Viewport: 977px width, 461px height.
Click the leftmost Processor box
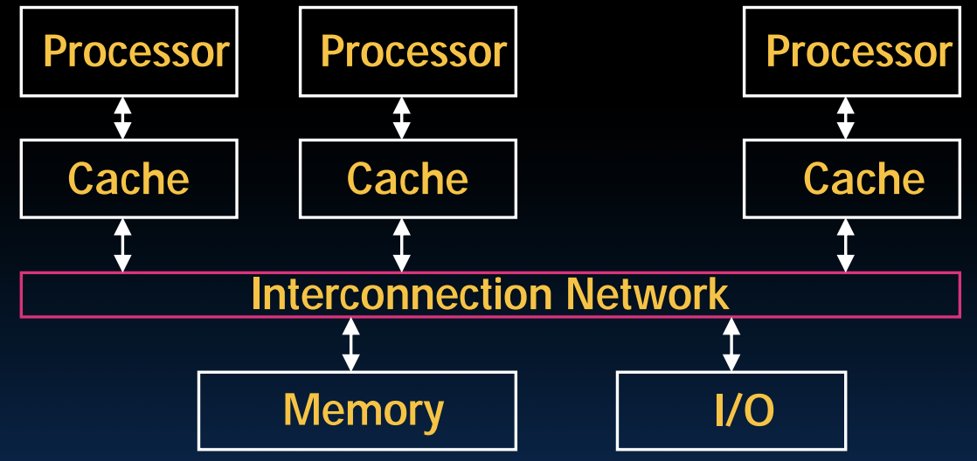tap(128, 52)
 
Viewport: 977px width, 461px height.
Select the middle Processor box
tap(408, 52)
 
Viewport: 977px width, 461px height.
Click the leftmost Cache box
tap(128, 178)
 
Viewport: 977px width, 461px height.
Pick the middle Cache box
tap(408, 178)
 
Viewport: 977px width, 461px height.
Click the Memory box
tap(357, 410)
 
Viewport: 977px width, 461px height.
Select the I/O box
tap(731, 410)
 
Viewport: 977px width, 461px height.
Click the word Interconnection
tap(400, 294)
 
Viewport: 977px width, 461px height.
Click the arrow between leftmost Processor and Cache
tap(123, 118)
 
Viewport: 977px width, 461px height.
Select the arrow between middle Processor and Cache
tap(402, 118)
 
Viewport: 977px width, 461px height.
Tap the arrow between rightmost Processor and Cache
tap(845, 118)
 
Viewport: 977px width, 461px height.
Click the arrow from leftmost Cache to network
tap(123, 245)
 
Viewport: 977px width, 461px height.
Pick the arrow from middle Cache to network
tap(402, 245)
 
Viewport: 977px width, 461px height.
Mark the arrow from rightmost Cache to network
tap(845, 245)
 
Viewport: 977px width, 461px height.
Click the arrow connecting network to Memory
tap(350, 345)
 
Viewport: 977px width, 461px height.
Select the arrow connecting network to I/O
tap(731, 345)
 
